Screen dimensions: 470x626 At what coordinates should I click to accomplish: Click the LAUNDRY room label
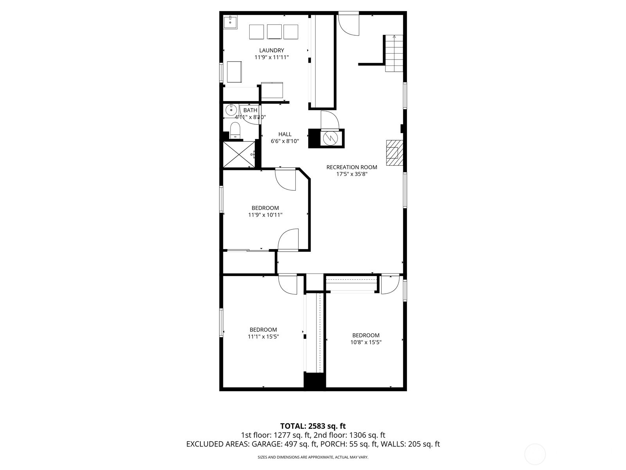[272, 50]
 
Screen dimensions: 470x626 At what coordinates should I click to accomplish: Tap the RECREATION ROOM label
[352, 167]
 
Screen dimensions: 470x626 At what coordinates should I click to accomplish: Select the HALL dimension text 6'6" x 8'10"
[285, 141]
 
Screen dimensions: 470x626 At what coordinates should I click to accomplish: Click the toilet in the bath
[235, 130]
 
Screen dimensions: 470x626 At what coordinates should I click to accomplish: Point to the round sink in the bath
[231, 110]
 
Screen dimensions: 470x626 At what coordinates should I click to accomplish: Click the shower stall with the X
[239, 154]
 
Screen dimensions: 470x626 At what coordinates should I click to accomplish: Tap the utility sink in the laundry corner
[230, 22]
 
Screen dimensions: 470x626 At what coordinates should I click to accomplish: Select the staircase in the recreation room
[394, 54]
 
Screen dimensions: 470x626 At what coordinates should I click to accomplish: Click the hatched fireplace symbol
[394, 153]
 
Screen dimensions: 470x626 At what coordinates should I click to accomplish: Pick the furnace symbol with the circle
[330, 138]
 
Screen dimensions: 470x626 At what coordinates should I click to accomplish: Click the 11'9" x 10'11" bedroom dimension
[265, 215]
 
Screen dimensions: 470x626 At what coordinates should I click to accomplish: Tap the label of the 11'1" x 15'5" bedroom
[263, 330]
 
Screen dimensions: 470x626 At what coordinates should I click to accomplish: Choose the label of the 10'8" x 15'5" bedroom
[366, 335]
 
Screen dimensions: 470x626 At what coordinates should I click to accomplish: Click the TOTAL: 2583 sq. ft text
[313, 426]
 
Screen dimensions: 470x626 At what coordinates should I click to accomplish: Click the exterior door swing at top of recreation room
[349, 24]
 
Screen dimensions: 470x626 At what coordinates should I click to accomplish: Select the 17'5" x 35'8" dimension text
[352, 174]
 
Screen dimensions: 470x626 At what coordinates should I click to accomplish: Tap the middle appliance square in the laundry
[274, 32]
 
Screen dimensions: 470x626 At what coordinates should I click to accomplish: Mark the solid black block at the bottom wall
[315, 381]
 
